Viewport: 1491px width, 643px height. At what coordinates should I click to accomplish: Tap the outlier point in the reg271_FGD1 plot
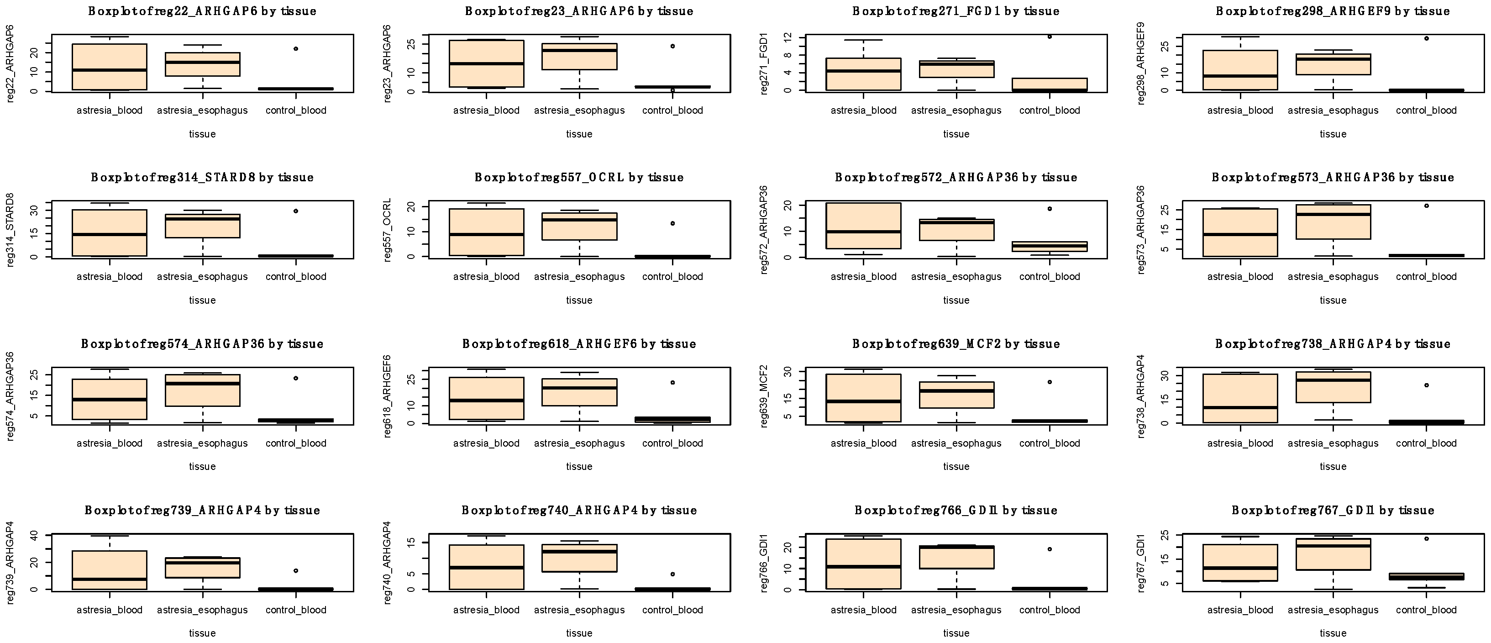pos(1050,37)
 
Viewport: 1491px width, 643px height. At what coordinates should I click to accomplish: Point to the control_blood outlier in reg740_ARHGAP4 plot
pos(672,574)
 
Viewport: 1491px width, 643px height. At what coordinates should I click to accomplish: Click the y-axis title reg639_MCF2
pos(763,396)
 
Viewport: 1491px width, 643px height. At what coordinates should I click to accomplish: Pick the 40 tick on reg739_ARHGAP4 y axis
pos(34,536)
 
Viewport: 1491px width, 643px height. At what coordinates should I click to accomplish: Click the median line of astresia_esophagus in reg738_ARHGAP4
pos(1333,379)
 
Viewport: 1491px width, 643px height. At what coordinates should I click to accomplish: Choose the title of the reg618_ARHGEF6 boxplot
pos(579,344)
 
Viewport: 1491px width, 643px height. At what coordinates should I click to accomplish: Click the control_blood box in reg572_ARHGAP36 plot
pos(1050,247)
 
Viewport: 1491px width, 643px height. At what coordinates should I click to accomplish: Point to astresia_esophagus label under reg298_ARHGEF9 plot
pos(1333,111)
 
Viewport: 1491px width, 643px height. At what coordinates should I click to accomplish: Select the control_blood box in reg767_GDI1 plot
pos(1426,576)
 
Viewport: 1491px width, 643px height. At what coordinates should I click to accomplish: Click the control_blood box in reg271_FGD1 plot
pos(1050,84)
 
